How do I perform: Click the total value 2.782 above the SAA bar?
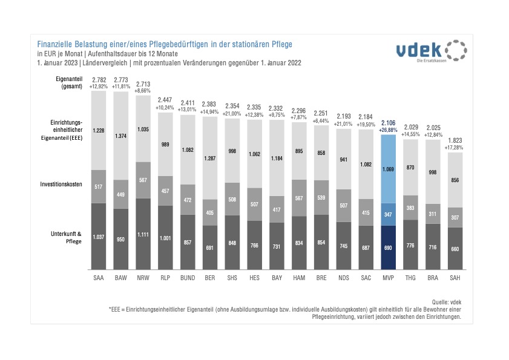99,80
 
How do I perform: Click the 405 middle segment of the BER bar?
210,212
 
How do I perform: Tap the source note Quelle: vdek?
447,301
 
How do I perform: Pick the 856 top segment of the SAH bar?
455,180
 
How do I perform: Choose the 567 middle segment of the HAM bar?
299,198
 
